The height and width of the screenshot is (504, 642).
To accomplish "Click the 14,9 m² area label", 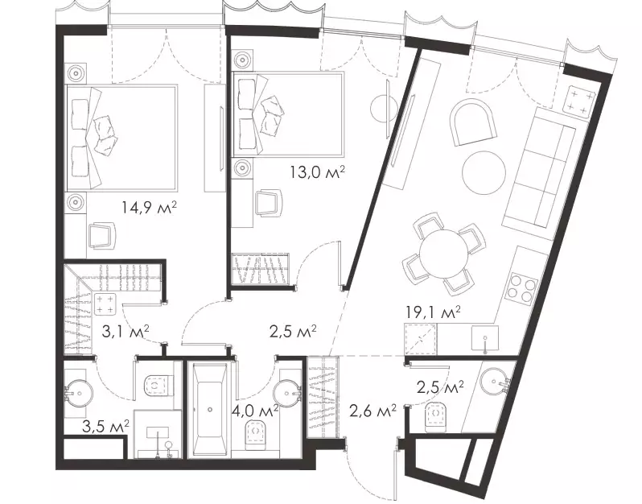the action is tap(149, 208).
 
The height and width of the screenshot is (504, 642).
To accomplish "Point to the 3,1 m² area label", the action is tap(125, 330).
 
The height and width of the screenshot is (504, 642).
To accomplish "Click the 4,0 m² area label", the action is tap(255, 411).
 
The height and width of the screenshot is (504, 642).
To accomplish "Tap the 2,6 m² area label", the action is tap(372, 410).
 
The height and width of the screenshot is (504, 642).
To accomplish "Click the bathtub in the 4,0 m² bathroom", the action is tap(210, 409).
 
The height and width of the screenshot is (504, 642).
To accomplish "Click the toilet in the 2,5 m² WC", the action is tap(438, 416).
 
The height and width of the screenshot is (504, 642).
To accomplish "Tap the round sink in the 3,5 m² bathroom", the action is tap(79, 393).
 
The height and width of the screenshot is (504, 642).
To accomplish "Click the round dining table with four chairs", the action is tap(443, 253).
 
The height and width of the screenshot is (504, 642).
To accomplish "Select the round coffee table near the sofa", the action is tap(484, 172).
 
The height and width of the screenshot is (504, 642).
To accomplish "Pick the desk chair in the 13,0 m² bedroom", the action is tap(269, 203).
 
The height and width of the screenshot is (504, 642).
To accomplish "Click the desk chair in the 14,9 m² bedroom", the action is tap(101, 235).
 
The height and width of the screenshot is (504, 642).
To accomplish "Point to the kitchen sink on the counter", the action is tap(485, 338).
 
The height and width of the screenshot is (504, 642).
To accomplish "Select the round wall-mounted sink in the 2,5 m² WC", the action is tap(494, 382).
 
